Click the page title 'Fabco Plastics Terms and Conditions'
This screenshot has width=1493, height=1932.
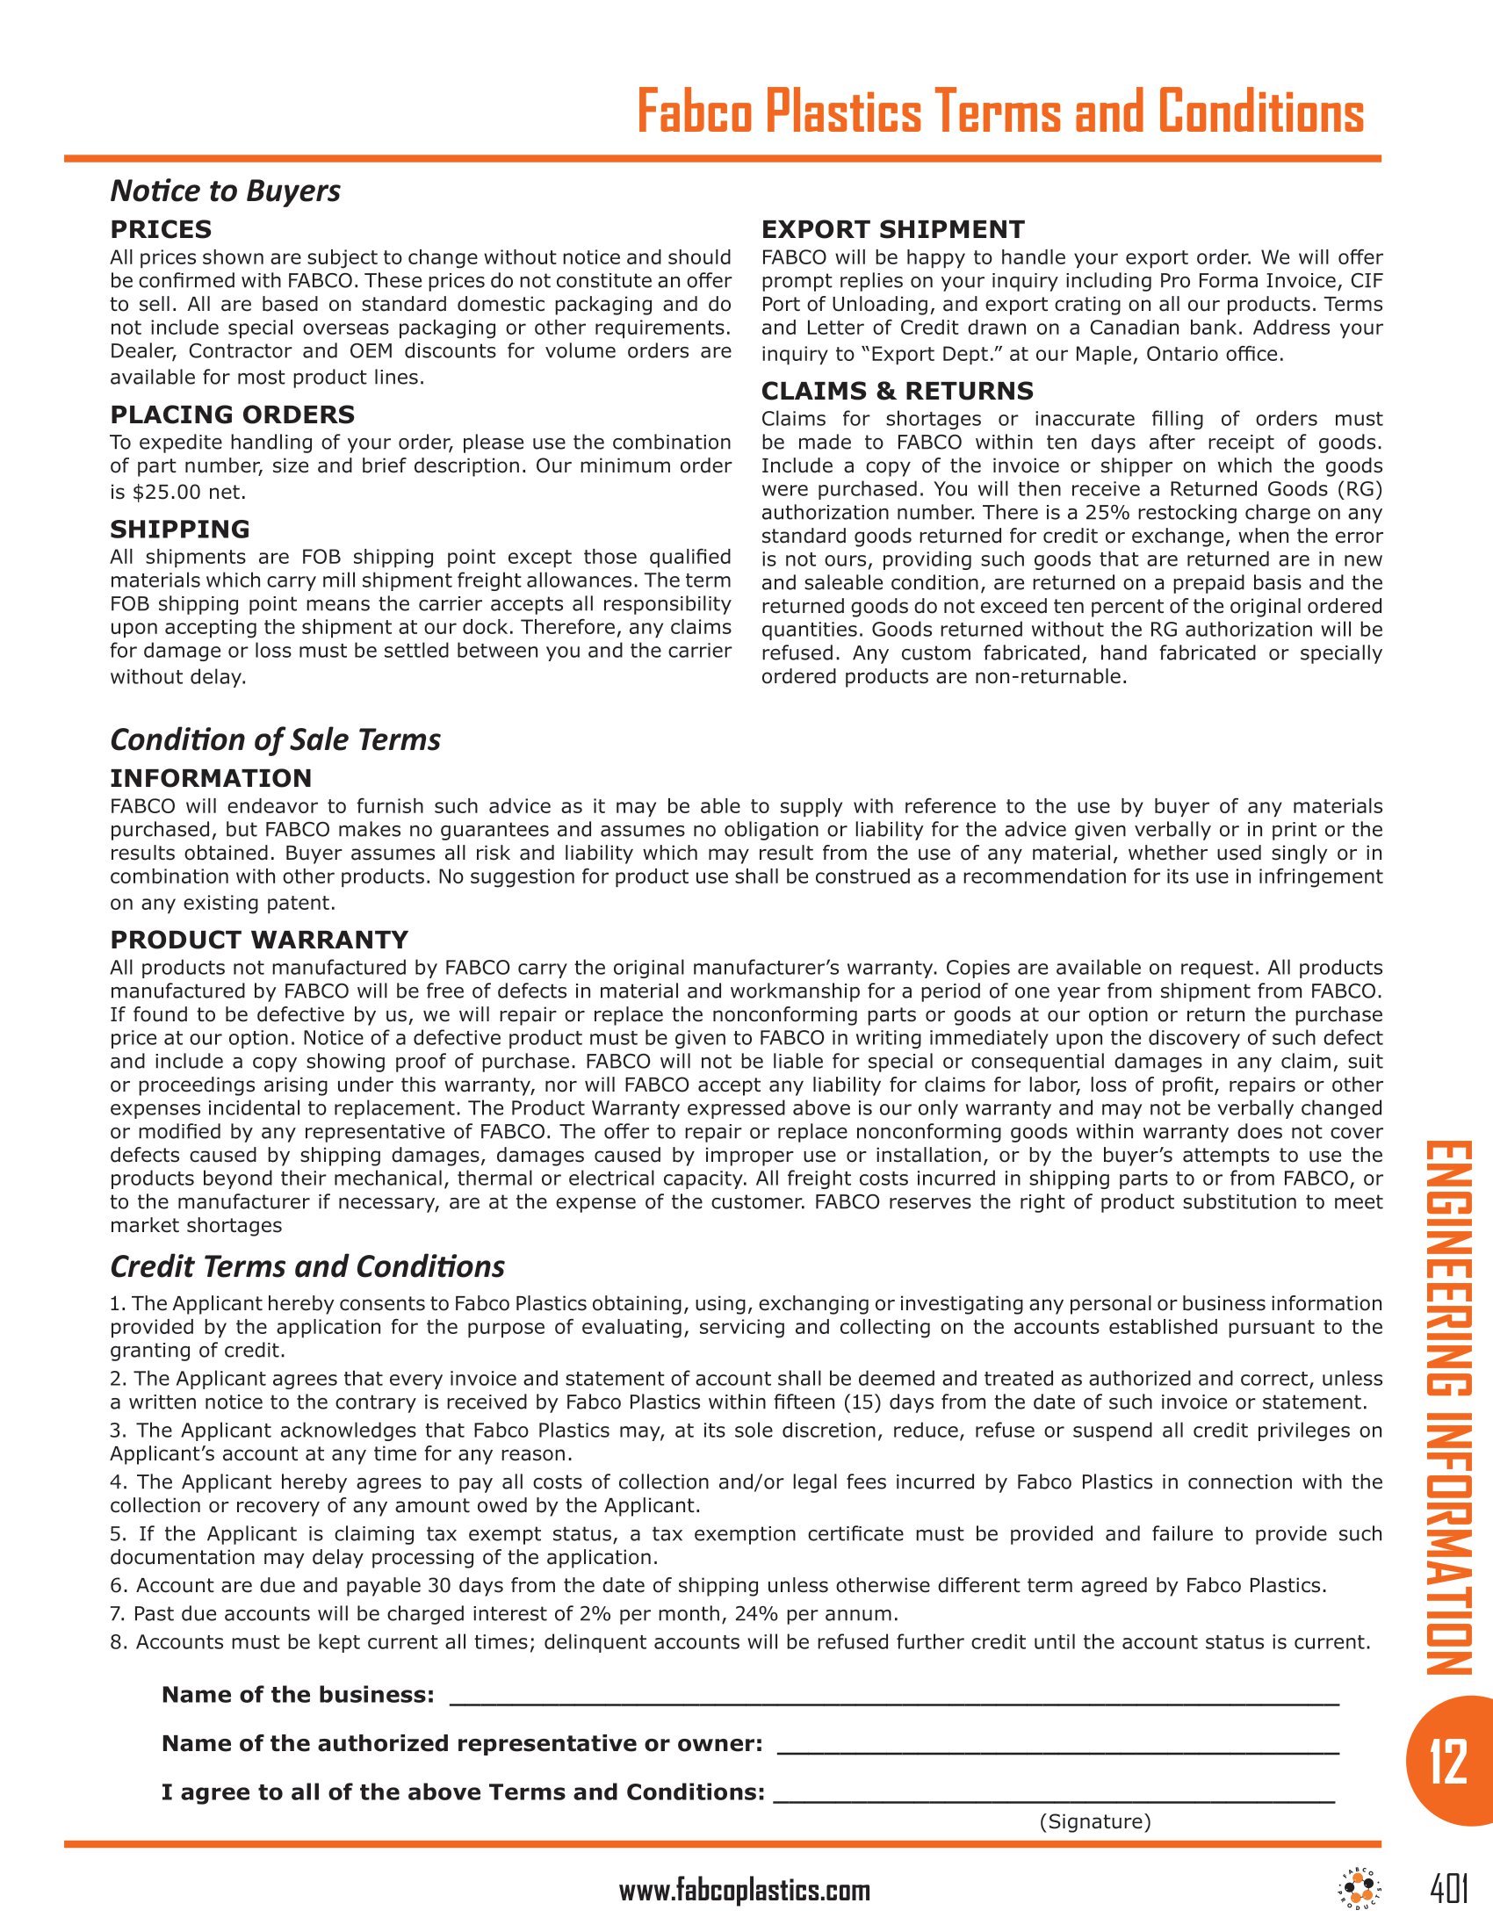pyautogui.click(x=999, y=112)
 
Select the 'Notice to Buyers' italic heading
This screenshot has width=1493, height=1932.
pyautogui.click(x=225, y=191)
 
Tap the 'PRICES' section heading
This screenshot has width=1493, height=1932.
pyautogui.click(x=160, y=230)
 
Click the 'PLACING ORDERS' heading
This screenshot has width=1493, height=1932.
pyautogui.click(x=232, y=415)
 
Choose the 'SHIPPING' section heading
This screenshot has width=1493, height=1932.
pyautogui.click(x=179, y=530)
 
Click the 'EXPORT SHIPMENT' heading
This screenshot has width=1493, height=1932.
pyautogui.click(x=892, y=230)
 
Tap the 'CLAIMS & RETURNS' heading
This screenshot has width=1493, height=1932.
pyautogui.click(x=897, y=391)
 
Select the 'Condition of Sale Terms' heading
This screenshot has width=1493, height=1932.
pyautogui.click(x=274, y=739)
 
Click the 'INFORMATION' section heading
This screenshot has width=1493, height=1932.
pyautogui.click(x=211, y=778)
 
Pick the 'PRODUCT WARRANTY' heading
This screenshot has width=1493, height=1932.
pyautogui.click(x=258, y=940)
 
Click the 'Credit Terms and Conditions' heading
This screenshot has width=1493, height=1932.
pyautogui.click(x=307, y=1266)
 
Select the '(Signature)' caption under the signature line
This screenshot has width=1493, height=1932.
pyautogui.click(x=1095, y=1821)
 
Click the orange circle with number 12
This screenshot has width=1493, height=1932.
pyautogui.click(x=1448, y=1763)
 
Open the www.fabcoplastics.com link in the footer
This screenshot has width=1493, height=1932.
pyautogui.click(x=744, y=1892)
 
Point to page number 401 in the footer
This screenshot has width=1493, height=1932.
pyautogui.click(x=1449, y=1890)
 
